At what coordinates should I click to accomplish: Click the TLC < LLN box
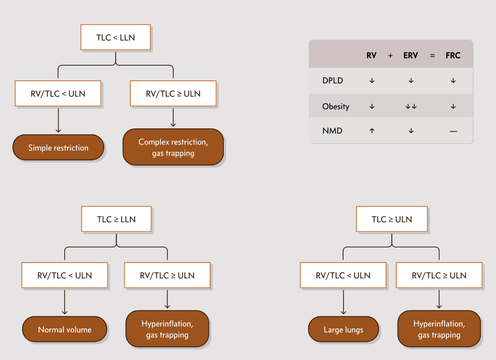(x=115, y=37)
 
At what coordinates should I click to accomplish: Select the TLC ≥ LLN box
(x=117, y=219)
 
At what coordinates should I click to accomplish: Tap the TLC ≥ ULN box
(x=392, y=219)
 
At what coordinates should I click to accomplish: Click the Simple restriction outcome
(x=58, y=148)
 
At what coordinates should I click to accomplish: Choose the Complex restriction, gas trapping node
(x=173, y=147)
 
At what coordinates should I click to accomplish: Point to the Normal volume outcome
(x=65, y=329)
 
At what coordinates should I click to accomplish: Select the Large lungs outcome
(x=344, y=329)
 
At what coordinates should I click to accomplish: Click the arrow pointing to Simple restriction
(x=58, y=120)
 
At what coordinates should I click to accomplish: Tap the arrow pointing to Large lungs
(x=344, y=302)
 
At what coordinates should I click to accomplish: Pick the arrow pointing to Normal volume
(x=65, y=302)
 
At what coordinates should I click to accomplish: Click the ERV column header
(x=410, y=55)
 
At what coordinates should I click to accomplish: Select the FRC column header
(x=453, y=55)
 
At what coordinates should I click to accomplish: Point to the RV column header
(x=372, y=55)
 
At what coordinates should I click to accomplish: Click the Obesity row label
(x=336, y=106)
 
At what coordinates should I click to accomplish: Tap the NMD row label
(x=332, y=131)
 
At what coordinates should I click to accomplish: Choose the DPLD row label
(x=333, y=80)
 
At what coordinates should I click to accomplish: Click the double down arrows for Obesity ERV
(x=411, y=106)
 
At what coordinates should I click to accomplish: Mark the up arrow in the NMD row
(x=372, y=131)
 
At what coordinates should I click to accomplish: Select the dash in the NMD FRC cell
(x=453, y=131)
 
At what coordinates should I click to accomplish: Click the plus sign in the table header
(x=391, y=56)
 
